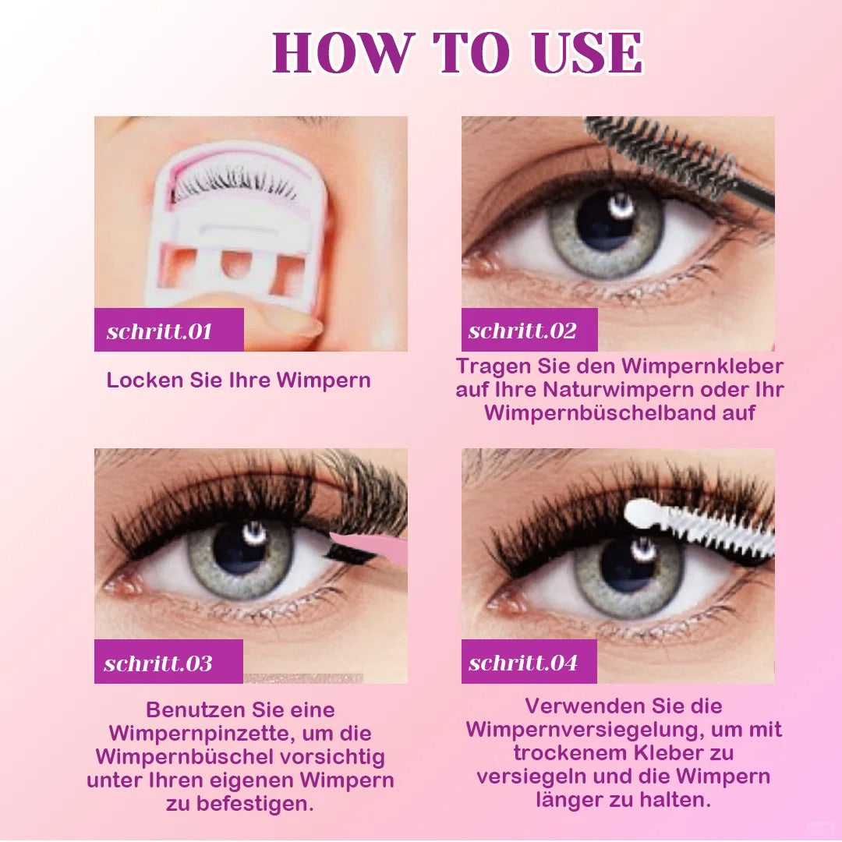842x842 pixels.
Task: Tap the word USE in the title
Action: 587,52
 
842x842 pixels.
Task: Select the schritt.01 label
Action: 159,331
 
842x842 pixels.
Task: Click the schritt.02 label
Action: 522,331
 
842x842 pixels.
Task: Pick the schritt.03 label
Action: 158,663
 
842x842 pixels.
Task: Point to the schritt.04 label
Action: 523,663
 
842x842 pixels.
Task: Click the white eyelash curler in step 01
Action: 236,225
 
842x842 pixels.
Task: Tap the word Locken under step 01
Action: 145,380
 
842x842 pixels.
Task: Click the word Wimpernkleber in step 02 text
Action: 702,366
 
